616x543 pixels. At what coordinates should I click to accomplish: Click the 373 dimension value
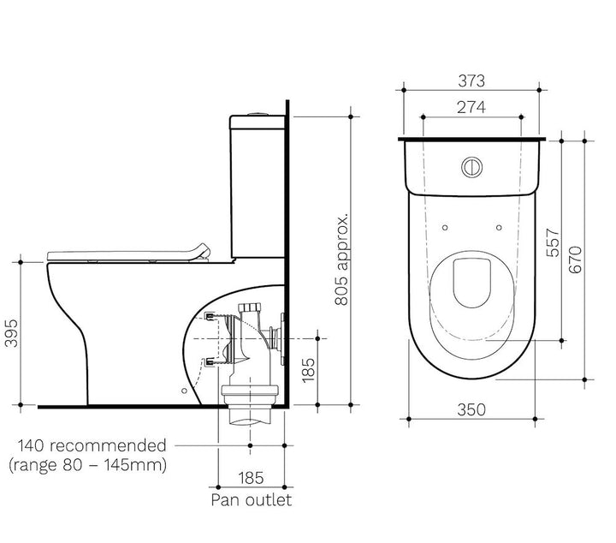tap(471, 81)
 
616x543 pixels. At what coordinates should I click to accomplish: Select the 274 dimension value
tap(471, 108)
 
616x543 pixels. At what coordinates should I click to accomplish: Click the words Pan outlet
tap(251, 499)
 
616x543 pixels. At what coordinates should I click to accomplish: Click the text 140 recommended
tap(92, 445)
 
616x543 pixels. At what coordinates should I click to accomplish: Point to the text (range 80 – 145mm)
tap(86, 465)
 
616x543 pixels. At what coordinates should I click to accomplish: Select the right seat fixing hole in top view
tap(497, 227)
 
